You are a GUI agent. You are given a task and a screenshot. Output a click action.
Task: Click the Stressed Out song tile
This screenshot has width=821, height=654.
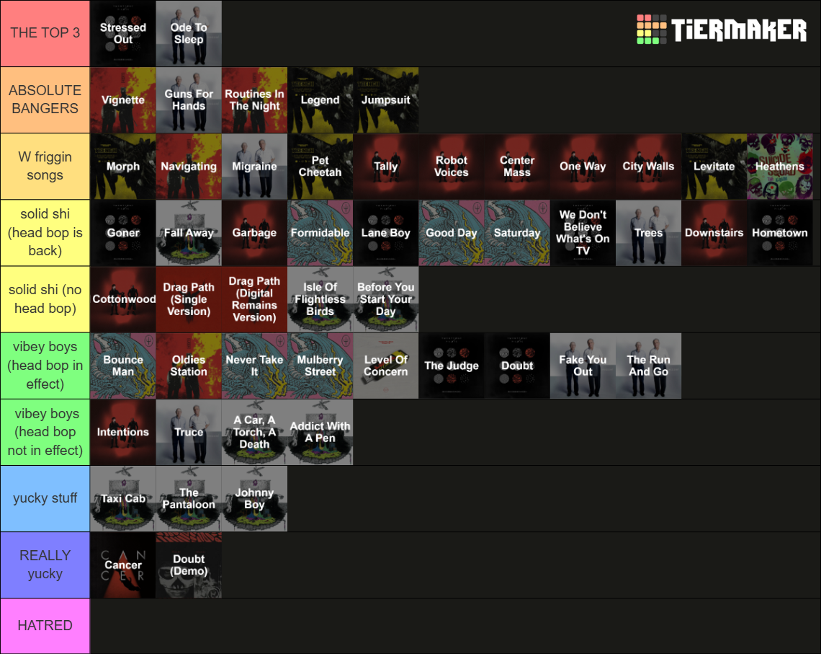click(x=123, y=34)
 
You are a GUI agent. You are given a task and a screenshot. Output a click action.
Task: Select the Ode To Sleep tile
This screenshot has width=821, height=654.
click(x=189, y=34)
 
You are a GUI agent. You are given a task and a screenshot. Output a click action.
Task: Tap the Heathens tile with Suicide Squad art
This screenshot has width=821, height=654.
click(x=780, y=166)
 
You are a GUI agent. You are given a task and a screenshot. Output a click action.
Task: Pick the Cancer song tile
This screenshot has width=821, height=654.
click(x=123, y=565)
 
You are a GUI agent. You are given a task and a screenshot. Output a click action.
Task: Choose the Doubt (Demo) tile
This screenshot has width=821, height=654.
click(x=189, y=565)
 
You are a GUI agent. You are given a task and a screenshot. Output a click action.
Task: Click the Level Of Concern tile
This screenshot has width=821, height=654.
click(x=386, y=366)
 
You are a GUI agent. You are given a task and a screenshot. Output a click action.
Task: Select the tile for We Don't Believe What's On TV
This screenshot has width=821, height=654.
click(x=583, y=233)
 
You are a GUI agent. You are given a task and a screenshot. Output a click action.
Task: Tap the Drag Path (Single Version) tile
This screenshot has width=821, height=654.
click(x=189, y=299)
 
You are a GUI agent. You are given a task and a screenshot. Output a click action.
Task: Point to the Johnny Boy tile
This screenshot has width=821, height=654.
click(x=254, y=498)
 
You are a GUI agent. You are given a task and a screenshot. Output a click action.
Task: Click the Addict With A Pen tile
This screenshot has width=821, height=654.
click(x=320, y=433)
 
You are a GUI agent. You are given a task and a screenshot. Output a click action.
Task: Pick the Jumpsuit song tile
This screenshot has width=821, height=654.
click(x=386, y=100)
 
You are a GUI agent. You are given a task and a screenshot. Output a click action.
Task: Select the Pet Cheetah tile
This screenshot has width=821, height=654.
click(x=320, y=166)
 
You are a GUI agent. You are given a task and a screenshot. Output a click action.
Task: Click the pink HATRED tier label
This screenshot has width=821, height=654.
click(x=45, y=626)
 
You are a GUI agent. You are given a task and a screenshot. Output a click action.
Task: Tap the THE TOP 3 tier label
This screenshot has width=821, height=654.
click(x=45, y=33)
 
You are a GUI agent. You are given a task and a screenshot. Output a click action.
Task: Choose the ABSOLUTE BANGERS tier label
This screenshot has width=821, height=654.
click(x=45, y=100)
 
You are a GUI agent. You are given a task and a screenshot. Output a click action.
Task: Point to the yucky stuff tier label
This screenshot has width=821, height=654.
click(x=45, y=498)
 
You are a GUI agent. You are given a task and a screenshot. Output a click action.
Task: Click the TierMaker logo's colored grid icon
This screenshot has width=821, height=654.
click(x=651, y=30)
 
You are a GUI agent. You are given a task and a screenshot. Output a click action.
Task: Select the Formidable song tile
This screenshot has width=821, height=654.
click(x=320, y=233)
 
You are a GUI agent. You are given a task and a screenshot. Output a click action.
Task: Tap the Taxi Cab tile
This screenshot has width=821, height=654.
click(x=123, y=498)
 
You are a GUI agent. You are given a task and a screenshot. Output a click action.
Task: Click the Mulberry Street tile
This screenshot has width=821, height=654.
click(x=320, y=366)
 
